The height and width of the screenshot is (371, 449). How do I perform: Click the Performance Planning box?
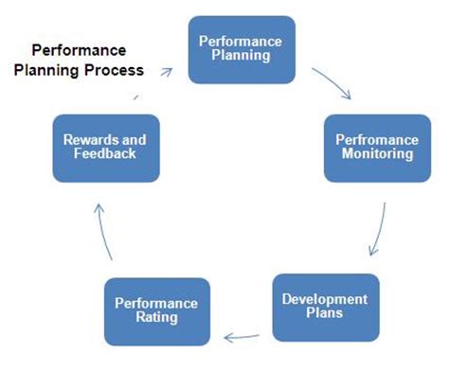tap(242, 50)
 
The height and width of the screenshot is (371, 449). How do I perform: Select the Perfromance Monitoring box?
tap(377, 149)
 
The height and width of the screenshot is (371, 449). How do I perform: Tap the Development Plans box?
tap(326, 308)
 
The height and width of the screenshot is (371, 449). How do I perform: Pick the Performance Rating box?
tap(157, 311)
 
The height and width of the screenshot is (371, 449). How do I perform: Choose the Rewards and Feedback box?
tap(106, 149)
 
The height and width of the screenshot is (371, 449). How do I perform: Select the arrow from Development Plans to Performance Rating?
tap(242, 337)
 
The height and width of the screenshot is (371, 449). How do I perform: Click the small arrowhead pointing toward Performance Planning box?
tap(167, 72)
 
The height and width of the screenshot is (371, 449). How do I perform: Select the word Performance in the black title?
tap(79, 50)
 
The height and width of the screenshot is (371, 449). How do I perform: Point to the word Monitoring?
tap(377, 154)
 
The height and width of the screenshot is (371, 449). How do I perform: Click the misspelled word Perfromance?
tap(377, 140)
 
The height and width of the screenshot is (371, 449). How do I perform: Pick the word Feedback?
tap(105, 153)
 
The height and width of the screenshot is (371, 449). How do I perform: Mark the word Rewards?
tap(84, 140)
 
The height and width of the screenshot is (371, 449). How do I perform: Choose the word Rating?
tap(157, 318)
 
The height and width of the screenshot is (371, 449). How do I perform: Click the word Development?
tap(325, 300)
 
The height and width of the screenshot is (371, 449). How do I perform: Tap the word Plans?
tap(325, 313)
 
